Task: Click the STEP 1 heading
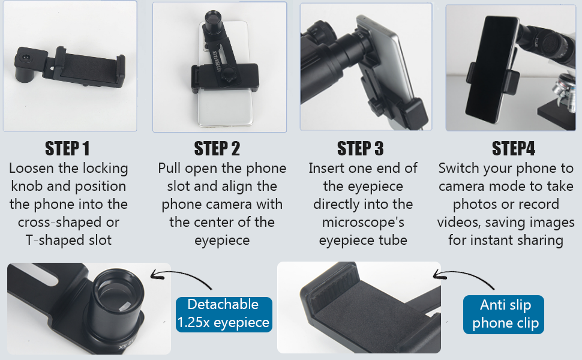pos(67,148)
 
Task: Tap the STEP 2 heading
pos(217,148)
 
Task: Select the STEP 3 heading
pos(361,148)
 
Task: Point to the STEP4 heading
pos(514,148)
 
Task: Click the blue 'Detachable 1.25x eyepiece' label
pos(224,314)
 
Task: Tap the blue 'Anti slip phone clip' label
pos(503,314)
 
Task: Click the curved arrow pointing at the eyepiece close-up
pos(181,277)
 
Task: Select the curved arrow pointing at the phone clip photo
pos(463,277)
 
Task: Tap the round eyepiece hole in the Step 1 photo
pos(25,58)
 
